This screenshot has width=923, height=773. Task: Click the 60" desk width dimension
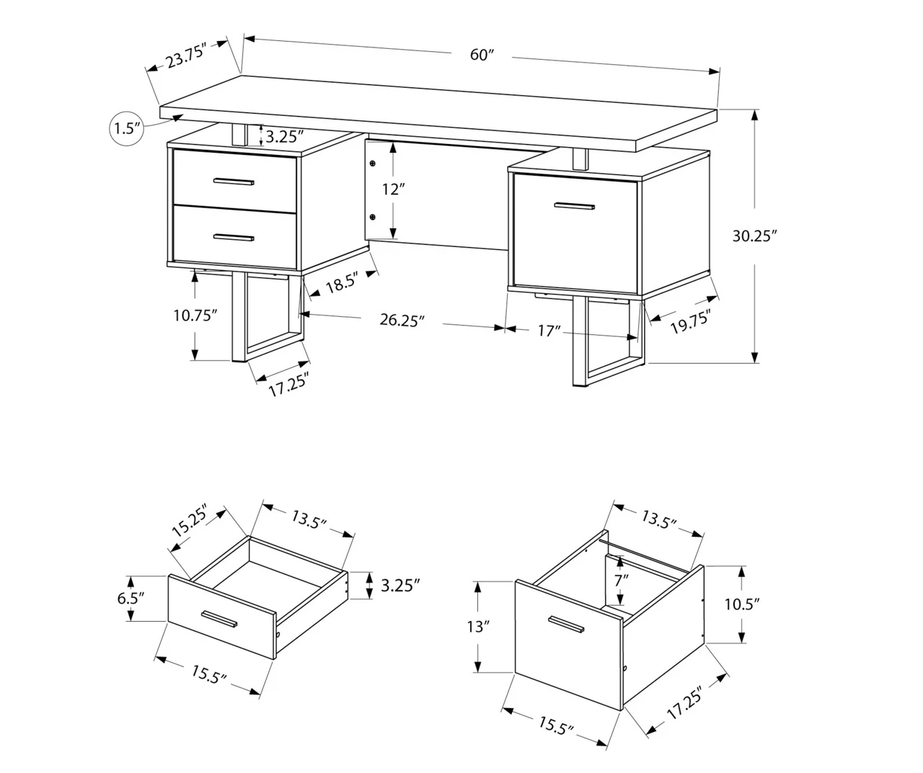click(481, 55)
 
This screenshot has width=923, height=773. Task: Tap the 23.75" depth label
click(186, 56)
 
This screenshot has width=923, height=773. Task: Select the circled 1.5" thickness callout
click(126, 129)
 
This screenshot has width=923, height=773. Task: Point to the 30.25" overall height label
click(754, 236)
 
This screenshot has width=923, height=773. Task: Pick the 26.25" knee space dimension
click(401, 321)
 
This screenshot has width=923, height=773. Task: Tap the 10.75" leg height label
click(195, 316)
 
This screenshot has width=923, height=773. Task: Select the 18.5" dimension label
click(342, 283)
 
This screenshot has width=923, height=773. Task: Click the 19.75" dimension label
click(690, 322)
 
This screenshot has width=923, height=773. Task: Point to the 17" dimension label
click(549, 331)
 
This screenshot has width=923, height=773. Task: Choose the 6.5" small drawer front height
click(131, 597)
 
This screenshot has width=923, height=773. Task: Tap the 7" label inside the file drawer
click(621, 578)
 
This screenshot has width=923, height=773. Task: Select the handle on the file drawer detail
click(568, 625)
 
